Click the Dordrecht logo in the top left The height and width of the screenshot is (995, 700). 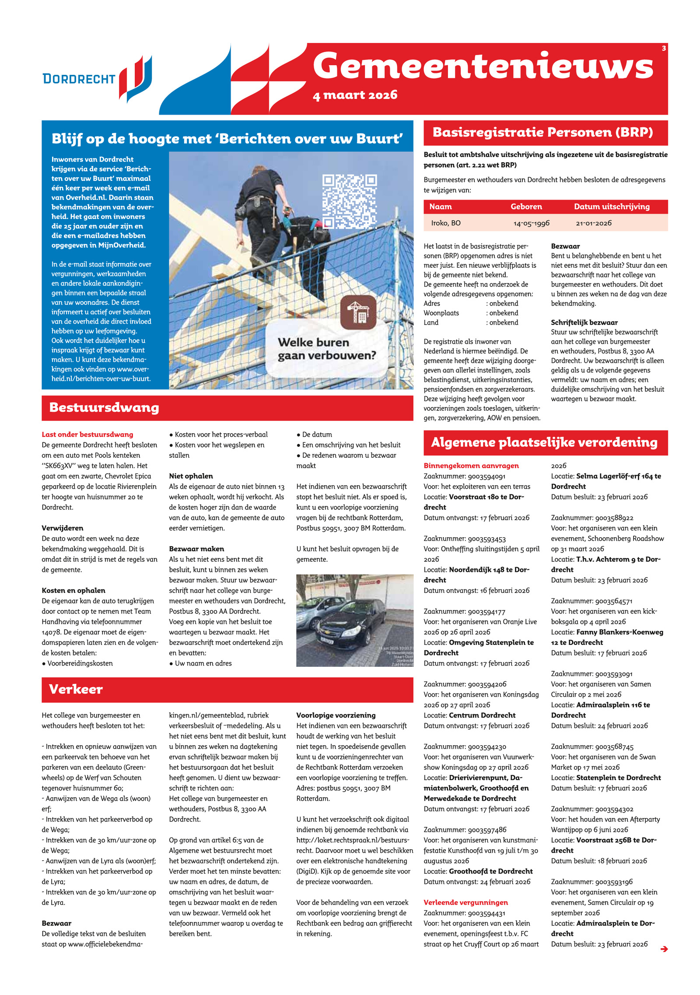[97, 79]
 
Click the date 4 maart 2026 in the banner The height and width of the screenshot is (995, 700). [355, 95]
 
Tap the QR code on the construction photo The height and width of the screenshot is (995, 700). [349, 201]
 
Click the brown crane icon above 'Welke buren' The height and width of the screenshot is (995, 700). [358, 312]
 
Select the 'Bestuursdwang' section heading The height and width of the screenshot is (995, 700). [104, 407]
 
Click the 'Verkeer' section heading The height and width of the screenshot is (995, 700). [76, 690]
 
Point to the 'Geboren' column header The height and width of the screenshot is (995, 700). [526, 207]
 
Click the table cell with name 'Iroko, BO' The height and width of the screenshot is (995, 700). [445, 223]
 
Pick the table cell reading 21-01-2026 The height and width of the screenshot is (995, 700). [593, 223]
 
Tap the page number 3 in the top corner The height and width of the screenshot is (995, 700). [664, 48]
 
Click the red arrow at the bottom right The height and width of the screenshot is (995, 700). [664, 949]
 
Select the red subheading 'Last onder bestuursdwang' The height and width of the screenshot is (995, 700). [87, 434]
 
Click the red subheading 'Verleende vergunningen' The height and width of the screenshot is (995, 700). [465, 902]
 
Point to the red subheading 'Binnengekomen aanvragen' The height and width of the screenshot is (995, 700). [471, 466]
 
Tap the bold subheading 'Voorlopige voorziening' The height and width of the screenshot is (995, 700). [336, 715]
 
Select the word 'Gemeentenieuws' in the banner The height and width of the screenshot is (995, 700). [483, 66]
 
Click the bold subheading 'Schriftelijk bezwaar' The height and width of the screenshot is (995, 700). [584, 322]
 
